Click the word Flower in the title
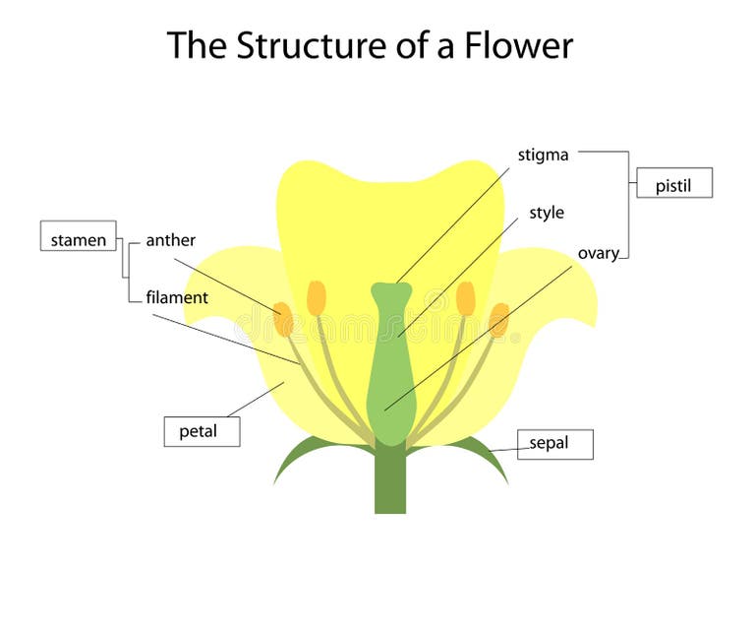518,45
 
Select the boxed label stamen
78,239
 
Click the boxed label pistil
673,185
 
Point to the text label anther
170,240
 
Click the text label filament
177,297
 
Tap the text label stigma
543,155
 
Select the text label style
547,213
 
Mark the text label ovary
598,253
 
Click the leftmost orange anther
283,319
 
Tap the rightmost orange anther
499,319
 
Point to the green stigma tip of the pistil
390,292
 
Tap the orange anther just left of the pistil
316,297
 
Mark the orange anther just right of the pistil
465,297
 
